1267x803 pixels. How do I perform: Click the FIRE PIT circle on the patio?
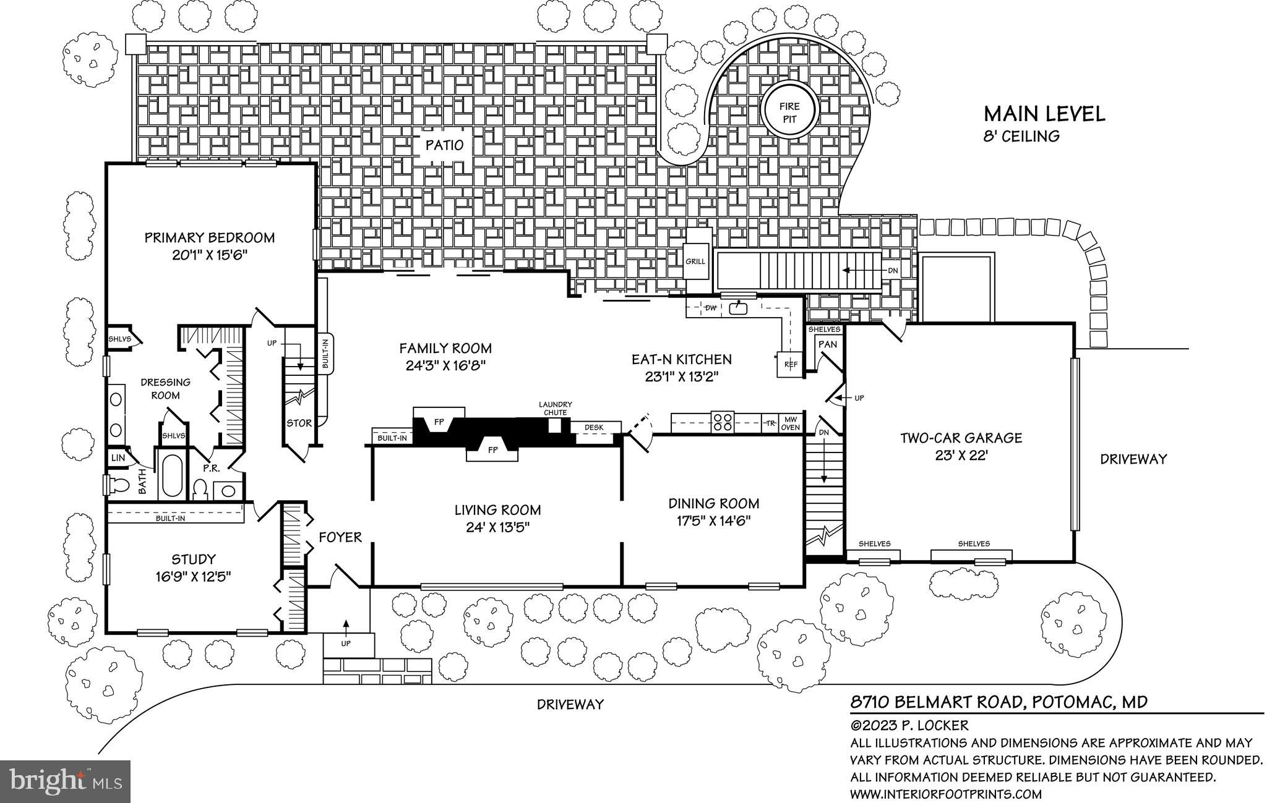pyautogui.click(x=789, y=113)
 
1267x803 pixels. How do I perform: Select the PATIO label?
pyautogui.click(x=444, y=146)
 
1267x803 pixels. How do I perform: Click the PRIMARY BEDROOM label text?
pyautogui.click(x=209, y=237)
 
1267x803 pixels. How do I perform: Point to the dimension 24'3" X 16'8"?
pyautogui.click(x=445, y=365)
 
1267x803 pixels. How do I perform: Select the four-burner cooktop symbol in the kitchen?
pyautogui.click(x=722, y=422)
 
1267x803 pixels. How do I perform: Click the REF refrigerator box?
pyautogui.click(x=790, y=365)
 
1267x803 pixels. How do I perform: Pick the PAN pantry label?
pyautogui.click(x=827, y=344)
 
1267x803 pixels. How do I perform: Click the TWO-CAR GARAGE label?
pyautogui.click(x=960, y=438)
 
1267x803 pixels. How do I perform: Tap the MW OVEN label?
pyautogui.click(x=791, y=423)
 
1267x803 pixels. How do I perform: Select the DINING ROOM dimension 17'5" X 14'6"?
pyautogui.click(x=713, y=520)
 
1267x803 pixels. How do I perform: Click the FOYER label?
pyautogui.click(x=340, y=537)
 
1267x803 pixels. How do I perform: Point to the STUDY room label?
pyautogui.click(x=194, y=559)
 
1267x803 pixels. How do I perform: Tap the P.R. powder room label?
pyautogui.click(x=212, y=468)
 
